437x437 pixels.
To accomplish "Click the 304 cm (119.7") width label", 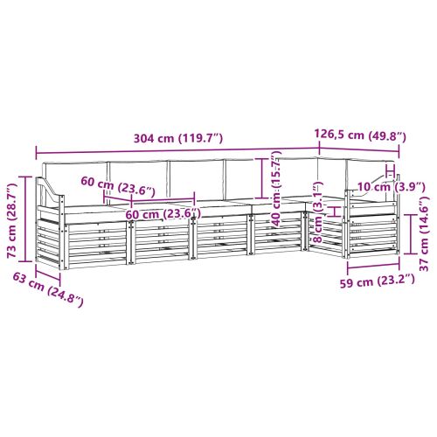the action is click(x=178, y=138).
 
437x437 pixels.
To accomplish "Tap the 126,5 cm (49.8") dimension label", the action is click(x=360, y=135).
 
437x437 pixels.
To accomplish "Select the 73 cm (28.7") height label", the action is click(x=12, y=220).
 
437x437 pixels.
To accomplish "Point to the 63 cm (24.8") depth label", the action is click(x=48, y=289).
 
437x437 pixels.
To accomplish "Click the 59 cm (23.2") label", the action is click(x=378, y=281).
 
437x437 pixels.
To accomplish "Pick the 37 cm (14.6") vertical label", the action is click(x=424, y=233).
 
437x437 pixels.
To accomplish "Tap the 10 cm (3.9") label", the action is click(x=391, y=187).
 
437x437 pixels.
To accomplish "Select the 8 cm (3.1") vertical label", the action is click(x=318, y=212).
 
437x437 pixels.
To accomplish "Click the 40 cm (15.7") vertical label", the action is click(x=277, y=189).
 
